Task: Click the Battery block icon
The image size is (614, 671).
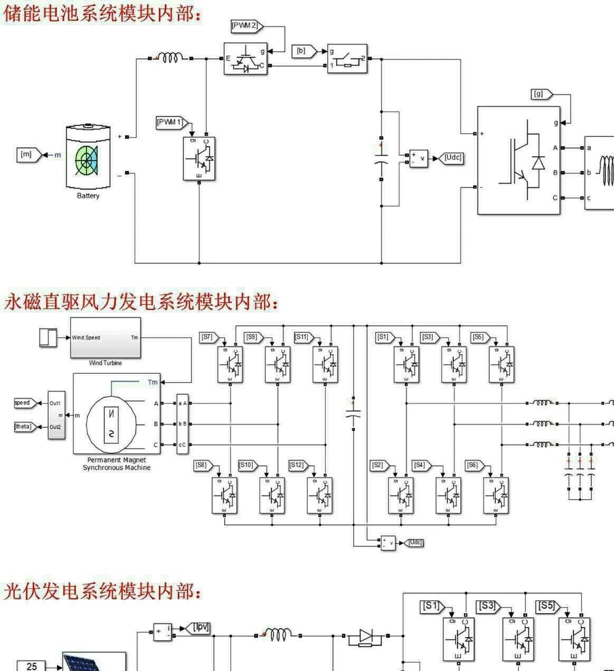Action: [x=88, y=156]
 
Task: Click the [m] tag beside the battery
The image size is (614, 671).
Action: [x=27, y=155]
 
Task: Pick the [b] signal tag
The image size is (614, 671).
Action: [x=303, y=51]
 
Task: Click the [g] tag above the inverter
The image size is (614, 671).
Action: [x=540, y=94]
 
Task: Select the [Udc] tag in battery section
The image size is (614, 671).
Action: [x=452, y=157]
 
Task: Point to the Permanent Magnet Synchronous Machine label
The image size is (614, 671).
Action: [x=117, y=464]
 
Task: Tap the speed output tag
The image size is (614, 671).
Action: [x=23, y=403]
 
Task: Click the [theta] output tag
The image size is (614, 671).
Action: [x=24, y=426]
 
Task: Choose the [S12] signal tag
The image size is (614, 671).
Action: [x=298, y=465]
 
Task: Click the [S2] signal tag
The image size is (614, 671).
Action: [x=379, y=465]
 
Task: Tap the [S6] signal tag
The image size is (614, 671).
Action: [x=474, y=465]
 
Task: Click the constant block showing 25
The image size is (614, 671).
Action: [x=32, y=666]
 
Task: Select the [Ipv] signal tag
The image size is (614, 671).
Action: [x=200, y=627]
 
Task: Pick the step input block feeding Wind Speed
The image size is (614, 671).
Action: [x=48, y=337]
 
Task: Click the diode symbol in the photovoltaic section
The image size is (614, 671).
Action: [x=366, y=637]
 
